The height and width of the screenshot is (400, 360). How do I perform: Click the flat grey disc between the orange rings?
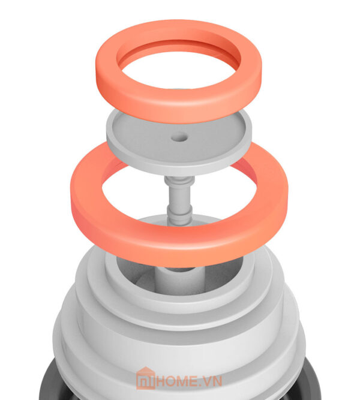tap(179, 153)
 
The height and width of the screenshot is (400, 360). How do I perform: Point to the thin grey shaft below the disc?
tap(179, 199)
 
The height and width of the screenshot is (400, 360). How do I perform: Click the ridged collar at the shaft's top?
tap(179, 181)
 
